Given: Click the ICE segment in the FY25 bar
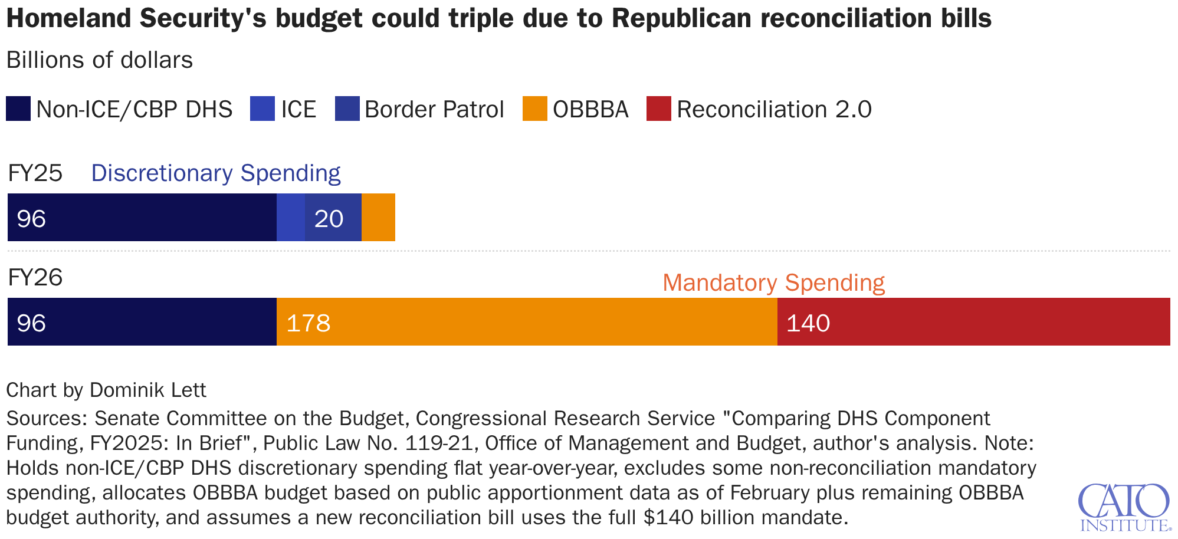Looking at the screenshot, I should click(x=291, y=217).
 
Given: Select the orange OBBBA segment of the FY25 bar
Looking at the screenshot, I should click(x=378, y=217).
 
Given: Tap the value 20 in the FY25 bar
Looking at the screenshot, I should click(x=329, y=219).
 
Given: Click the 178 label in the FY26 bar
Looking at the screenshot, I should click(x=308, y=323).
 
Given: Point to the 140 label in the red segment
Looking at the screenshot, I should click(x=808, y=323).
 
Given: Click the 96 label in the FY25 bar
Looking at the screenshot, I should click(x=31, y=219).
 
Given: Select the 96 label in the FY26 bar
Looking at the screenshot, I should click(x=31, y=323).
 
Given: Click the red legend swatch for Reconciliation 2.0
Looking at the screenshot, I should click(x=658, y=109).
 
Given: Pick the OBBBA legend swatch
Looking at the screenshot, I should click(x=534, y=109).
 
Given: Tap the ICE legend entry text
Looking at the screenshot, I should click(x=298, y=110).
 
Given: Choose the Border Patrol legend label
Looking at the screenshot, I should click(x=434, y=110).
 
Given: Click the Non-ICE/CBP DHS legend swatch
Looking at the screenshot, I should click(x=18, y=109).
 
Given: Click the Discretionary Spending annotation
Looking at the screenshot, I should click(x=216, y=173).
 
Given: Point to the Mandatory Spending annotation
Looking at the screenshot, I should click(x=773, y=283).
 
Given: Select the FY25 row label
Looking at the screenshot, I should click(x=35, y=173).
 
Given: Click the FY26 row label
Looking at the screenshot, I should click(x=35, y=277).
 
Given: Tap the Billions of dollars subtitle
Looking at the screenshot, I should click(x=100, y=60).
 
